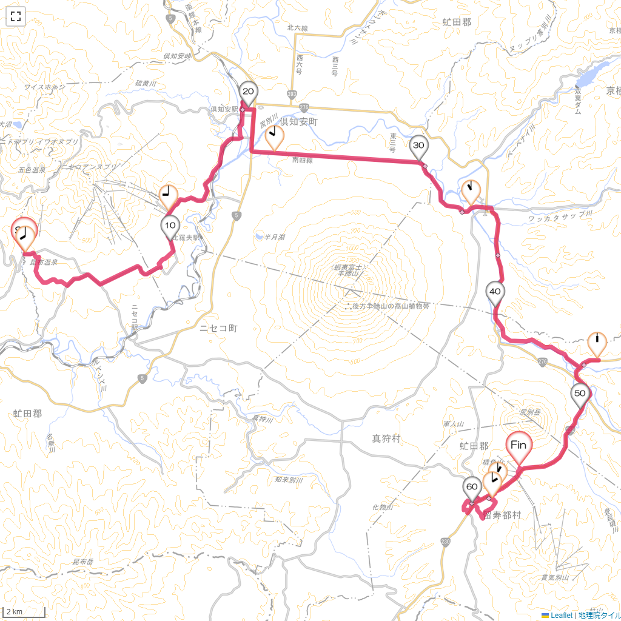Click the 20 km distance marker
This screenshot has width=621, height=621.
[248, 92]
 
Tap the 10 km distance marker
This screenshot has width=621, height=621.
[170, 226]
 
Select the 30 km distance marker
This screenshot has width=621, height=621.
[418, 146]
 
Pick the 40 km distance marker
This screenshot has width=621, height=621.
[495, 292]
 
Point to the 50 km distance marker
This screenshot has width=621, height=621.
[580, 394]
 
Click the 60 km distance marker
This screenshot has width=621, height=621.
[472, 486]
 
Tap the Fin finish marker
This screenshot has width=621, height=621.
[519, 446]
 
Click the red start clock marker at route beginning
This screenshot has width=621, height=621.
[24, 232]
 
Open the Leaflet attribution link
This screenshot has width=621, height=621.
[561, 615]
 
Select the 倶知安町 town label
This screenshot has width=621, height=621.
[300, 121]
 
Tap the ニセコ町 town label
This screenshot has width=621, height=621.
[218, 328]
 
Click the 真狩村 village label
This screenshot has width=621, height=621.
[386, 438]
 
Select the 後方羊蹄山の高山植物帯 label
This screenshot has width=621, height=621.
[391, 306]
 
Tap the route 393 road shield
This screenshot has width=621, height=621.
[293, 94]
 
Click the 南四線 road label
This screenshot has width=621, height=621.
[302, 161]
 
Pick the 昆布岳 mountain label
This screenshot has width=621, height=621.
[82, 562]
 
